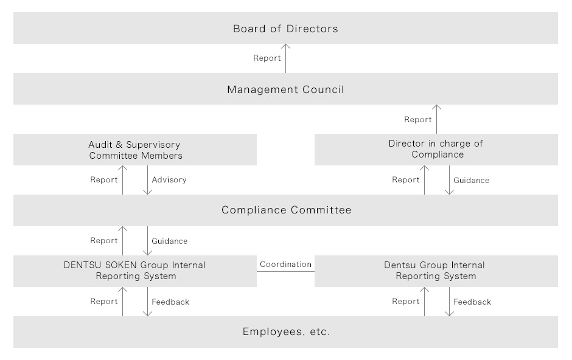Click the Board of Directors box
[x=285, y=28]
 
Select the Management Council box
[x=285, y=89]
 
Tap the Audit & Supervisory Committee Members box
[x=135, y=150]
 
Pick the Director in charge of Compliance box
[x=436, y=150]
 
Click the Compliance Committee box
[x=285, y=210]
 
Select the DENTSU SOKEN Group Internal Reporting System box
[x=135, y=271]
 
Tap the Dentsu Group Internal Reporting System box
[x=436, y=271]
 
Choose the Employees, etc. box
[x=285, y=332]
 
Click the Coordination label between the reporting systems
[x=285, y=264]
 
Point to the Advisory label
[x=169, y=179]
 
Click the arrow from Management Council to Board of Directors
[x=285, y=58]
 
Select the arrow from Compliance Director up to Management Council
[x=436, y=119]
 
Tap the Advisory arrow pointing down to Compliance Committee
[x=147, y=180]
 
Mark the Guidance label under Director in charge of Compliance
[x=472, y=181]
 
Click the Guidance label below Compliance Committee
[x=170, y=241]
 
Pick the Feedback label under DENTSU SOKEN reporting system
[x=170, y=302]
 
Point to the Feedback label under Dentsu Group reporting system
[x=472, y=302]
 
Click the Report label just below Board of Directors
[x=267, y=58]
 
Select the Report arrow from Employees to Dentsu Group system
[x=424, y=302]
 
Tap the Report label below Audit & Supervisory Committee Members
[x=104, y=179]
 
